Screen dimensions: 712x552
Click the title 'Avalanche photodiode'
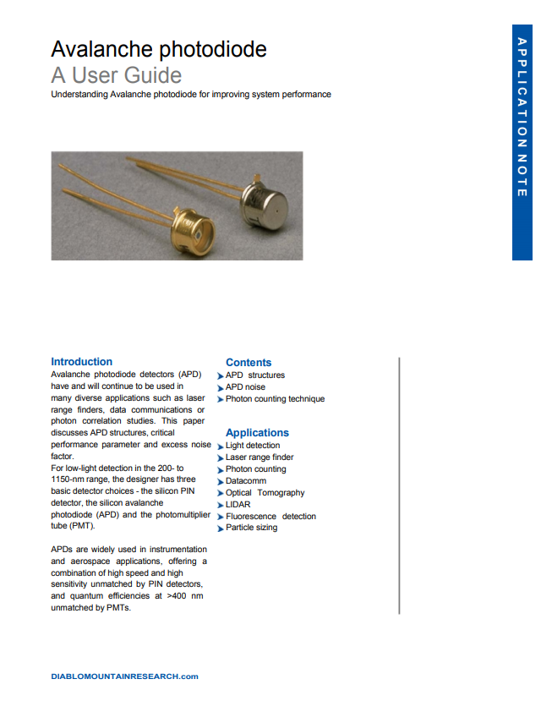[x=159, y=49]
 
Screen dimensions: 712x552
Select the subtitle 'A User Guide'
[x=116, y=74]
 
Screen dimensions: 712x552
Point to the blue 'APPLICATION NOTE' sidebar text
[x=522, y=118]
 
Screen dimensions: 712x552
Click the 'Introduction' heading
[x=81, y=362]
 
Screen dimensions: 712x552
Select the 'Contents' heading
[x=249, y=363]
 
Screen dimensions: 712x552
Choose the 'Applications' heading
[x=257, y=433]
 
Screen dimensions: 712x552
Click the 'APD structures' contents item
[x=255, y=375]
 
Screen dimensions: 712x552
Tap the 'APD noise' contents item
[x=245, y=387]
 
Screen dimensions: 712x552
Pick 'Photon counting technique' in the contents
[x=275, y=399]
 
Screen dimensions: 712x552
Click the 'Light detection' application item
[x=253, y=446]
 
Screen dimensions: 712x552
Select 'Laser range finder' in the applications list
[x=260, y=457]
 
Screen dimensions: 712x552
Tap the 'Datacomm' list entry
[x=246, y=481]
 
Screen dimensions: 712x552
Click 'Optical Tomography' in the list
[x=265, y=493]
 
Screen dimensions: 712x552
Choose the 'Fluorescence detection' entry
[x=271, y=517]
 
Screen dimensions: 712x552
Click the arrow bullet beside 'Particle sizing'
[x=220, y=529]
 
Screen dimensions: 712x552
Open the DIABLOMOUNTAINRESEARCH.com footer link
[x=124, y=676]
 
